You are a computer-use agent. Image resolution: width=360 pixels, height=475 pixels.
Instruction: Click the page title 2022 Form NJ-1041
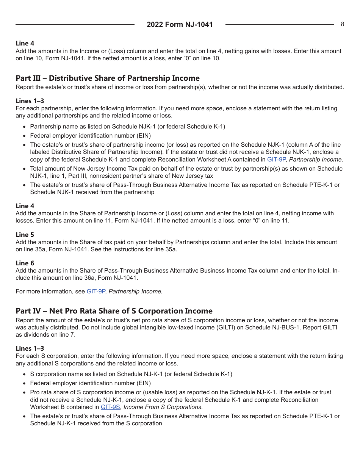tap(180, 25)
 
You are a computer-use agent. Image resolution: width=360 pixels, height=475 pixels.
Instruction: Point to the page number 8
tap(343, 24)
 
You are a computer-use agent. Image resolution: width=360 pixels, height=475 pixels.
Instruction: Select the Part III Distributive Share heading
tap(108, 78)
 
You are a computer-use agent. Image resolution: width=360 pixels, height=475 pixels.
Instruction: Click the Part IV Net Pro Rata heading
tap(114, 311)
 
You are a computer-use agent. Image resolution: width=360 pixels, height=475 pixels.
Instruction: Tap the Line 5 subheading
tap(25, 235)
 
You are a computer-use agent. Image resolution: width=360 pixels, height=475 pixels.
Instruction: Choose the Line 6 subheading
tap(25, 263)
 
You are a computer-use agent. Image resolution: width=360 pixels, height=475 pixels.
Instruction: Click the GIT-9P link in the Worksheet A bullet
tap(276, 160)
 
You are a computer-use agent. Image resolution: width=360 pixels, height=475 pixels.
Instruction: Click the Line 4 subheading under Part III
tap(25, 206)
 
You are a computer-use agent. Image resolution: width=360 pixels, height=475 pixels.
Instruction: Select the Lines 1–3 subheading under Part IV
tap(30, 348)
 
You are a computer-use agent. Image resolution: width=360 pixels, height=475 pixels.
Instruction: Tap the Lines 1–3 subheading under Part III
tap(30, 101)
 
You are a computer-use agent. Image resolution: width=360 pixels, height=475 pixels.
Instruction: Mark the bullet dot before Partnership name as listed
tap(25, 127)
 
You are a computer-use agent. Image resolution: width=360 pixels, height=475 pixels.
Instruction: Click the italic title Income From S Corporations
tap(163, 407)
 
